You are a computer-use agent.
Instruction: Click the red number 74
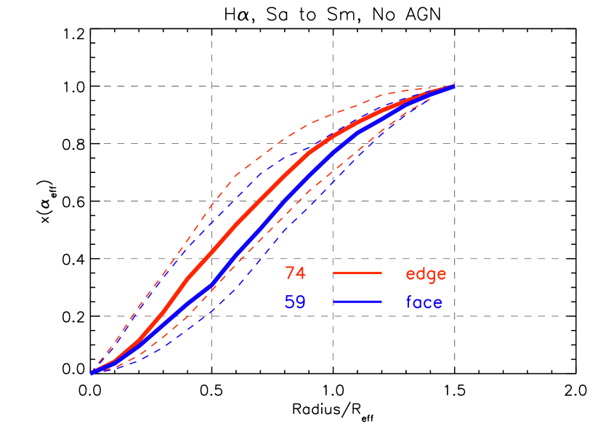(295, 273)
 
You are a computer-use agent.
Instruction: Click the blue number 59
(295, 302)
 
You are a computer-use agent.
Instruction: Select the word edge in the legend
(426, 274)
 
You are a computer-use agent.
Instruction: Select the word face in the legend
(424, 302)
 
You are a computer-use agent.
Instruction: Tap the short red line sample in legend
(357, 273)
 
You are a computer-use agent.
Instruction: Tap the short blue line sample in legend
(357, 301)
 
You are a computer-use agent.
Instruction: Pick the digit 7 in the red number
(290, 273)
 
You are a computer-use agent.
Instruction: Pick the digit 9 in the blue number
(301, 302)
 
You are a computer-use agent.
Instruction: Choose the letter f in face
(409, 302)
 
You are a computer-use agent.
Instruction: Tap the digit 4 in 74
(301, 273)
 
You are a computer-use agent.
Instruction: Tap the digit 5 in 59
(289, 302)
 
